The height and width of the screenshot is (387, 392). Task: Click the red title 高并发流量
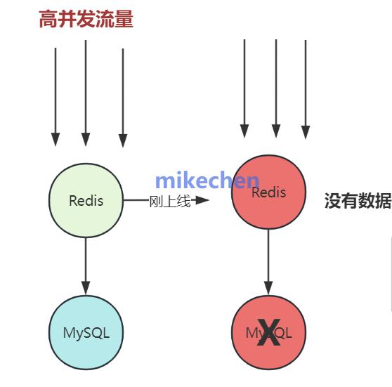point(86,20)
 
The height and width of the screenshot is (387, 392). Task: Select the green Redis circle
point(86,200)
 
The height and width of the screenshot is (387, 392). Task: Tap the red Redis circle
point(268,192)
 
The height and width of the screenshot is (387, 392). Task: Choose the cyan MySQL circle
point(86,333)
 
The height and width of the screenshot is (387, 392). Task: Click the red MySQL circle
point(268,333)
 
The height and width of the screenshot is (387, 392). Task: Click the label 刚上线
point(170,202)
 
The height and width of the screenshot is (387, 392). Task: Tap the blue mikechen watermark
point(207,181)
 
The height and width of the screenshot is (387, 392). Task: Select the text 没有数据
point(358,202)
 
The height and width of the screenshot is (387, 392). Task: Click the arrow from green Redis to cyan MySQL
point(86,265)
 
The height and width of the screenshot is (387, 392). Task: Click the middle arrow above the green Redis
point(86,91)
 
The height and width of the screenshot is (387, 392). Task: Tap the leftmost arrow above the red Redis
point(244,88)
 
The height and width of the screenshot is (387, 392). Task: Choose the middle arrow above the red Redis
point(276,88)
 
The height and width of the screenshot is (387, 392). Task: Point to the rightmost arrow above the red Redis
point(306,88)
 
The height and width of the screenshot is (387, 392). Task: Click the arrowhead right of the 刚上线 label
point(202,200)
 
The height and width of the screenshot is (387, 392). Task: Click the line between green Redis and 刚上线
point(135,200)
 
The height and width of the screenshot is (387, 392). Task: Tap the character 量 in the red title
point(124,20)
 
